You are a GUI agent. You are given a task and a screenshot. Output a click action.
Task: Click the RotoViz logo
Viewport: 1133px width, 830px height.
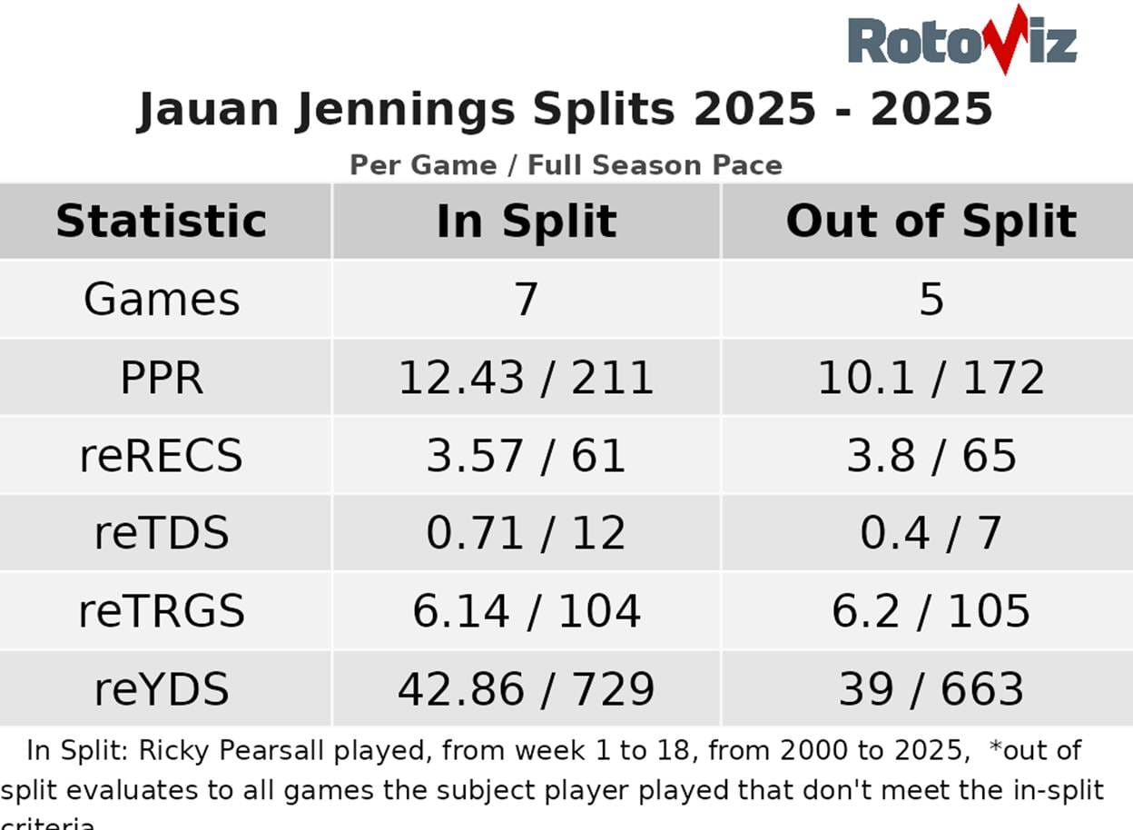pyautogui.click(x=961, y=41)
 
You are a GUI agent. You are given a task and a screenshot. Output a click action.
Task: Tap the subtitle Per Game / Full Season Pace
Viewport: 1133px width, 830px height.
pyautogui.click(x=566, y=165)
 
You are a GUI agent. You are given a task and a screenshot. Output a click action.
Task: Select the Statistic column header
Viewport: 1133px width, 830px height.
pyautogui.click(x=162, y=222)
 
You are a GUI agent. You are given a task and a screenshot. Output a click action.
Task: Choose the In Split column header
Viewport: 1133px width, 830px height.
pyautogui.click(x=527, y=222)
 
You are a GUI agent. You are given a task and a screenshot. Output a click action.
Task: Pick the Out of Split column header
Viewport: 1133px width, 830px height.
pyautogui.click(x=931, y=222)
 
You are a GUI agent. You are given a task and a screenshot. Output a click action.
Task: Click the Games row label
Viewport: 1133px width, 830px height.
pyautogui.click(x=162, y=299)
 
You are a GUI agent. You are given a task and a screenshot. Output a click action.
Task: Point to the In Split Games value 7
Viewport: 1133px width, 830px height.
pyautogui.click(x=527, y=299)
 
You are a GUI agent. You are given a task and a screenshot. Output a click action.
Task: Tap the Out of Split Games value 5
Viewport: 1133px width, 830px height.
pyautogui.click(x=931, y=299)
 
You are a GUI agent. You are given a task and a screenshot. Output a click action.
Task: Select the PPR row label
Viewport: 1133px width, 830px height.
pyautogui.click(x=162, y=377)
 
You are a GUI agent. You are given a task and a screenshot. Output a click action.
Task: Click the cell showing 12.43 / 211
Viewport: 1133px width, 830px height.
pyautogui.click(x=527, y=377)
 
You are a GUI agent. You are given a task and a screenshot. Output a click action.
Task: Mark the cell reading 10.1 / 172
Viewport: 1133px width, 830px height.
pyautogui.click(x=931, y=377)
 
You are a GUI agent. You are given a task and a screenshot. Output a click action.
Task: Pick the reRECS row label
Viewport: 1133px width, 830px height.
pyautogui.click(x=162, y=455)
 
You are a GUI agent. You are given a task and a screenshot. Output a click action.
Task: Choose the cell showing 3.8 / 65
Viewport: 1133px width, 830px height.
pyautogui.click(x=931, y=455)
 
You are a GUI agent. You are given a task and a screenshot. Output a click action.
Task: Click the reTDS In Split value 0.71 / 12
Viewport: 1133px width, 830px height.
pyautogui.click(x=527, y=533)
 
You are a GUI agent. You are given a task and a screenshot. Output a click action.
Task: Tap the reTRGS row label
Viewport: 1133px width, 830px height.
pyautogui.click(x=162, y=611)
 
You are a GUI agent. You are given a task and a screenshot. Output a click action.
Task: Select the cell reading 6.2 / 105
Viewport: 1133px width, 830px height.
pyautogui.click(x=931, y=611)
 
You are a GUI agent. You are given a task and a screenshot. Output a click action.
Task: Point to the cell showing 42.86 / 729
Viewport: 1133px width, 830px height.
pyautogui.click(x=527, y=689)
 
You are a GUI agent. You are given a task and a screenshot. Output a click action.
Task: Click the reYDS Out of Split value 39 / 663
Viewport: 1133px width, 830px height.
pyautogui.click(x=931, y=689)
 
